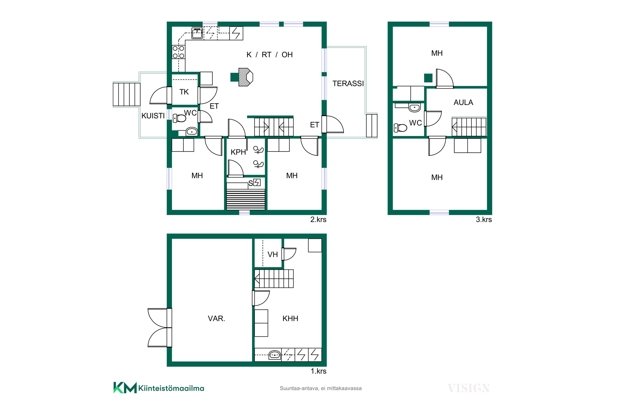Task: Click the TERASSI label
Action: click(x=348, y=84)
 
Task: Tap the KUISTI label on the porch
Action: click(x=153, y=116)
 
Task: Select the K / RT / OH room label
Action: click(x=269, y=55)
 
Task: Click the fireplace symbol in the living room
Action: click(x=246, y=77)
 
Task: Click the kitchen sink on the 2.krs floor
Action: click(x=197, y=33)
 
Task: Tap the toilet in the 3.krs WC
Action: click(x=400, y=128)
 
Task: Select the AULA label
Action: click(x=463, y=102)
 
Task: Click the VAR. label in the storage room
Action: click(x=216, y=319)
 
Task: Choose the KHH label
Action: click(x=290, y=319)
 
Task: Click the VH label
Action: click(x=273, y=255)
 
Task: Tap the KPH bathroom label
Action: click(x=238, y=152)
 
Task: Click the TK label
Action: click(x=184, y=92)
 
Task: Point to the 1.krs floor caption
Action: click(x=318, y=371)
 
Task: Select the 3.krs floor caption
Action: click(x=484, y=220)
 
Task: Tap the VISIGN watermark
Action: click(x=469, y=388)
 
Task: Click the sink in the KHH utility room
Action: click(x=275, y=355)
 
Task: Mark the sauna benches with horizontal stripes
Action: click(x=246, y=199)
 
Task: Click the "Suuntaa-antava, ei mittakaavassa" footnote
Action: click(x=321, y=388)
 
